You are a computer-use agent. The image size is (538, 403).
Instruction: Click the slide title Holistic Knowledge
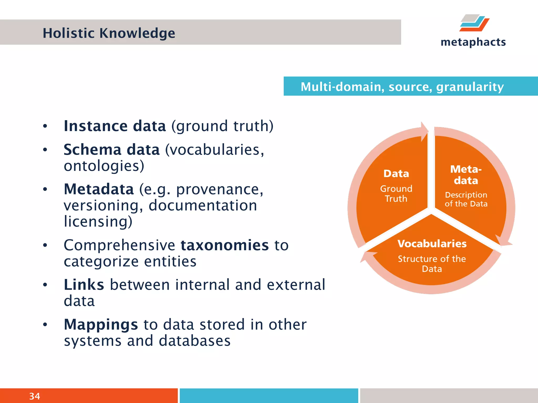pyautogui.click(x=109, y=33)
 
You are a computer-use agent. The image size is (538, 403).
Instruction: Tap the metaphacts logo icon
pyautogui.click(x=474, y=23)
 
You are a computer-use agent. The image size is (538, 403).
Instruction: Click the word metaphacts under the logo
pyautogui.click(x=473, y=42)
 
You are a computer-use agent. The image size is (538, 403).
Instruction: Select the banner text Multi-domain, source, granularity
pyautogui.click(x=402, y=87)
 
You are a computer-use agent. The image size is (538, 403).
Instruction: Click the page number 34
pyautogui.click(x=34, y=396)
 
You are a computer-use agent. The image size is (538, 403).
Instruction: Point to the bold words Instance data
pyautogui.click(x=115, y=126)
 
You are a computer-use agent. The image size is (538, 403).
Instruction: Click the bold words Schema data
pyautogui.click(x=112, y=150)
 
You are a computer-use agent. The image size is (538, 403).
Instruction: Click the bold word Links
pyautogui.click(x=84, y=285)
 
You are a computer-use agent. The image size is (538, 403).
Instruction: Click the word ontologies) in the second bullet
pyautogui.click(x=104, y=166)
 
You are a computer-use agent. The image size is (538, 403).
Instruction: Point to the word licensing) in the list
pyautogui.click(x=98, y=221)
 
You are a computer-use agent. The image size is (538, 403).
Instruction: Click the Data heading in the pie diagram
pyautogui.click(x=396, y=174)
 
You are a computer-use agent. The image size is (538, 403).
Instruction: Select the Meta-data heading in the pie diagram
pyautogui.click(x=466, y=175)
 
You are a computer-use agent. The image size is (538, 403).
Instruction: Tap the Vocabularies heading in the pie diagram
pyautogui.click(x=432, y=244)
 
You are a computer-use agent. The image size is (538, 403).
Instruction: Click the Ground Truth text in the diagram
pyautogui.click(x=396, y=194)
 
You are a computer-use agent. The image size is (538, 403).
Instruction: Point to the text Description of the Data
pyautogui.click(x=466, y=199)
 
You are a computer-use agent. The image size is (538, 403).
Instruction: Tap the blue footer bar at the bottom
pyautogui.click(x=269, y=396)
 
